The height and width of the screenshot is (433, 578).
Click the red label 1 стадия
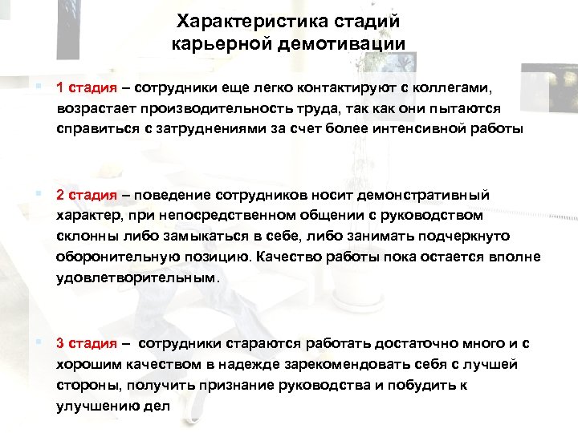tap(86, 87)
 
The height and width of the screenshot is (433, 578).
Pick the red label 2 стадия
tap(86, 195)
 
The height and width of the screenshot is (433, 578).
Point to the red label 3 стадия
tap(86, 343)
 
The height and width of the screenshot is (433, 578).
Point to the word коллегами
tap(454, 87)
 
